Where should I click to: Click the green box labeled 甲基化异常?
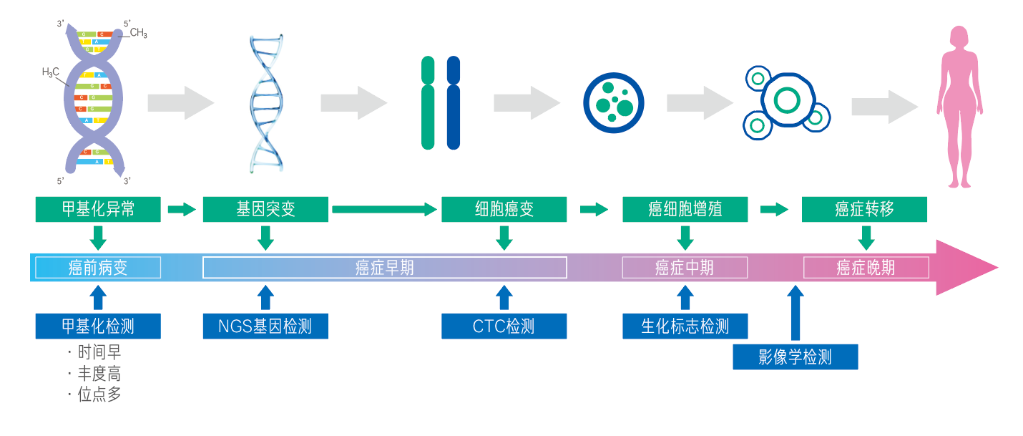click(x=98, y=209)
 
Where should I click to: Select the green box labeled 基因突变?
click(x=265, y=209)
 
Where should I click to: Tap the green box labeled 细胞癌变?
click(x=504, y=209)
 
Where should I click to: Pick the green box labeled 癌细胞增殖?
click(x=685, y=209)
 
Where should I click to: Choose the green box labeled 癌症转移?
click(x=864, y=209)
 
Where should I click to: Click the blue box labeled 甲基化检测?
click(x=98, y=326)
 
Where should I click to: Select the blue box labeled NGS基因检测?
click(x=265, y=326)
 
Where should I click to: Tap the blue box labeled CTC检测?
click(x=504, y=326)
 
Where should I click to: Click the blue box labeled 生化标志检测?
click(x=685, y=326)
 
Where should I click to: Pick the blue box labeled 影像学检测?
click(x=795, y=357)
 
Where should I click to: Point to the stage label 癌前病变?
click(x=98, y=268)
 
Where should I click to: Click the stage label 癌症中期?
click(x=685, y=268)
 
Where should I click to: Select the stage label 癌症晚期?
click(x=866, y=268)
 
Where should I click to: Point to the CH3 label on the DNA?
click(x=138, y=33)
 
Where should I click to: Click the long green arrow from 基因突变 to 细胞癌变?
click(x=384, y=209)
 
